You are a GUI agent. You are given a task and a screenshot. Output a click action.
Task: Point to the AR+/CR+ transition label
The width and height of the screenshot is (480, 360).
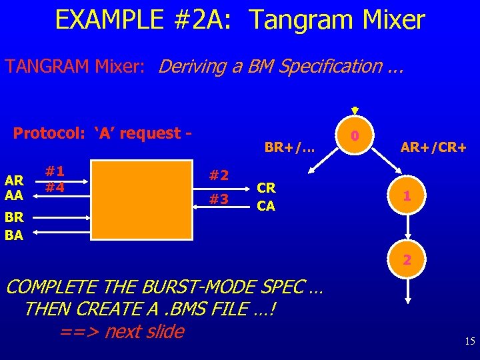coord(433,147)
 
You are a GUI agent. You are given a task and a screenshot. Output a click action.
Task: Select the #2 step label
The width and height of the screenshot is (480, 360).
coord(219,175)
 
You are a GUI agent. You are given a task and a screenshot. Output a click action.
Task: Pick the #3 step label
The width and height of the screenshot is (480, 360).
coord(219,199)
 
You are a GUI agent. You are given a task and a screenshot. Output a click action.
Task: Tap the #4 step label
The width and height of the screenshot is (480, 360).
coord(55,187)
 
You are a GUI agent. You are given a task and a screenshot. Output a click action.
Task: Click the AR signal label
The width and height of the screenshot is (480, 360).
coord(15,179)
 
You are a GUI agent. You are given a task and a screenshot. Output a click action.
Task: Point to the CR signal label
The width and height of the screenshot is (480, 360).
coord(266,188)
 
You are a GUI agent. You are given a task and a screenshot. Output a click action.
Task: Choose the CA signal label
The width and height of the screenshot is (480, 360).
coord(266,205)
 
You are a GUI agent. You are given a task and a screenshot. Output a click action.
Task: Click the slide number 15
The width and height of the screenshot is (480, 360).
coord(469,341)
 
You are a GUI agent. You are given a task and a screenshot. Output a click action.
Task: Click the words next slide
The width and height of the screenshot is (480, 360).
coord(143,331)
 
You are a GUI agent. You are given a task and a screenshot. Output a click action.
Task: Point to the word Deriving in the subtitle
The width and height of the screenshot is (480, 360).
coord(195,66)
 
